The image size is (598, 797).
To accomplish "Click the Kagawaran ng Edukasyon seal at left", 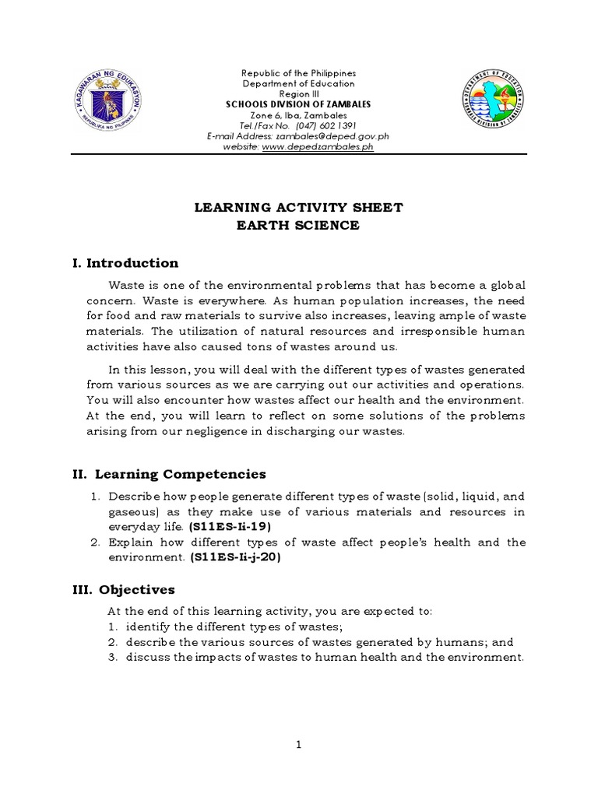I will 110,101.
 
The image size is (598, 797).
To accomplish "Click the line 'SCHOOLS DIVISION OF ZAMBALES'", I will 298,104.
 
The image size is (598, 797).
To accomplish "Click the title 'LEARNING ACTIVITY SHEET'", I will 298,207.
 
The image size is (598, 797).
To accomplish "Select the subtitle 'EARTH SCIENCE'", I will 298,226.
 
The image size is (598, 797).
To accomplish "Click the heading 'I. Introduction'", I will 125,263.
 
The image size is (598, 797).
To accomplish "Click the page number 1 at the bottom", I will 298,745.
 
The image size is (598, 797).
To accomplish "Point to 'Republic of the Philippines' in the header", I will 298,73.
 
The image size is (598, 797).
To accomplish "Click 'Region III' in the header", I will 298,93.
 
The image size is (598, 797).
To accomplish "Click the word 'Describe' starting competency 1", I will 132,496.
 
